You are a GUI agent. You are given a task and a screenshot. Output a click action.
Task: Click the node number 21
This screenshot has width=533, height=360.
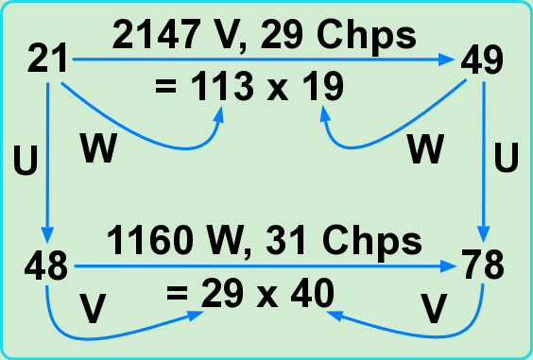click(47, 60)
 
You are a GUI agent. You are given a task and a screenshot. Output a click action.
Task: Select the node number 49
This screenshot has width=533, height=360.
click(482, 60)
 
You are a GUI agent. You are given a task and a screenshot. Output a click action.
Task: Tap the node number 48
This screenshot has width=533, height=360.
click(46, 266)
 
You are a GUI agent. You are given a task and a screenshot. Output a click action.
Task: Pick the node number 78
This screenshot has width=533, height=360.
click(483, 265)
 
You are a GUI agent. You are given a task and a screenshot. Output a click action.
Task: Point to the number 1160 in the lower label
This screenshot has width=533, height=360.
click(150, 241)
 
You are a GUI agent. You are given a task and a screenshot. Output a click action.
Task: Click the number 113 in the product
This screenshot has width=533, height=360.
click(222, 86)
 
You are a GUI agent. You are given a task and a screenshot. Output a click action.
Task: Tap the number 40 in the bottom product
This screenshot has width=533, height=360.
click(313, 293)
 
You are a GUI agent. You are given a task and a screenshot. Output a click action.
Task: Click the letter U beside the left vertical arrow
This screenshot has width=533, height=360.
click(26, 160)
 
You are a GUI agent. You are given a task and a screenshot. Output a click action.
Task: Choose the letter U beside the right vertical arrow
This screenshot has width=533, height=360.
click(507, 158)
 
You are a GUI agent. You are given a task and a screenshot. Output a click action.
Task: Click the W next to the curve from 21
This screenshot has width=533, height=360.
click(98, 148)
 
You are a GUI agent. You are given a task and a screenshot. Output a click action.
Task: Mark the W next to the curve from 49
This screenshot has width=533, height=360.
click(425, 148)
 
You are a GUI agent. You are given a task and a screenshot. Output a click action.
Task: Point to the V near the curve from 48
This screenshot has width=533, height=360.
click(93, 309)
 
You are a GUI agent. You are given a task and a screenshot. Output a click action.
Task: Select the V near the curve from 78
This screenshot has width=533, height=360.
click(434, 308)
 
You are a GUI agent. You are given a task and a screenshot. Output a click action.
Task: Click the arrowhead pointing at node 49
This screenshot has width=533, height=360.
click(446, 60)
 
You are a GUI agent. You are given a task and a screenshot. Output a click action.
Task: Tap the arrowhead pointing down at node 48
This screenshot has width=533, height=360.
click(47, 234)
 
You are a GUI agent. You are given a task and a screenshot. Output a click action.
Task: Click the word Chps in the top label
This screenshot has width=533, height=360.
click(366, 36)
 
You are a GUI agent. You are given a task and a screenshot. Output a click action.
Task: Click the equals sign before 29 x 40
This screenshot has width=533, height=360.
click(177, 293)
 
